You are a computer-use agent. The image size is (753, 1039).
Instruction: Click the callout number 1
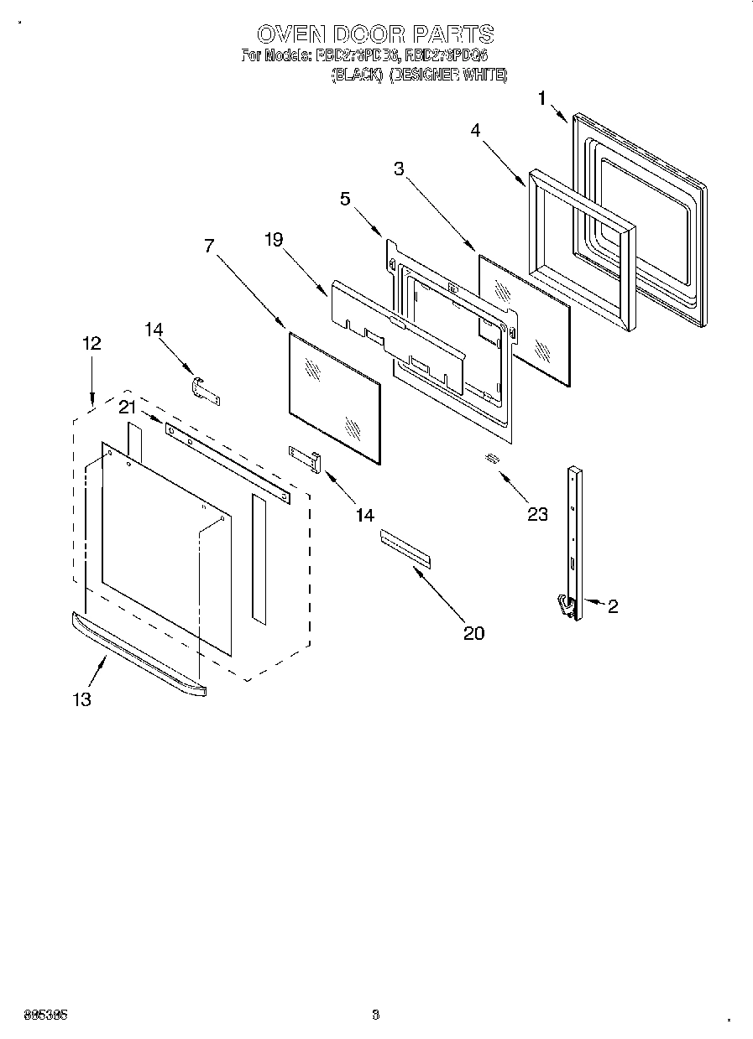click(541, 98)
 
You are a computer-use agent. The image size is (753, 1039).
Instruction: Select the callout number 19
click(274, 240)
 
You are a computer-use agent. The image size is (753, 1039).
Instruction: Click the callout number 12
click(92, 343)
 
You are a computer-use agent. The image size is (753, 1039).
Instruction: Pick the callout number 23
click(537, 514)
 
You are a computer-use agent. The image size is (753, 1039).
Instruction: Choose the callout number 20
click(474, 633)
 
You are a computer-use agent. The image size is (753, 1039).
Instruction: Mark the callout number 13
click(81, 699)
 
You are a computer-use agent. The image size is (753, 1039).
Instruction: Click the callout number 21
click(127, 408)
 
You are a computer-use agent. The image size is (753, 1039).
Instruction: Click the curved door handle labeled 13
click(139, 653)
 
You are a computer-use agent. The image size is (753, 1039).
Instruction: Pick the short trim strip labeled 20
click(405, 548)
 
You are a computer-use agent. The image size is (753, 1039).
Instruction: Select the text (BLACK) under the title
click(357, 75)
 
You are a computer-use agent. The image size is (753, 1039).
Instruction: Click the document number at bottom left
click(45, 1014)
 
